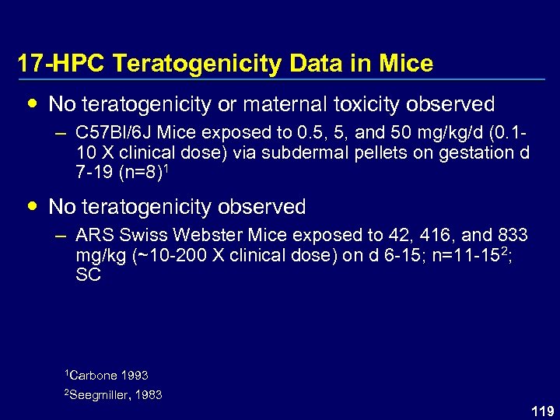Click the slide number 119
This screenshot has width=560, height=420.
[x=542, y=410]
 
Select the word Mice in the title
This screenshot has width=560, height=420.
[x=406, y=64]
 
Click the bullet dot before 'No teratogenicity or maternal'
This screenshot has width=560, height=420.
[x=30, y=103]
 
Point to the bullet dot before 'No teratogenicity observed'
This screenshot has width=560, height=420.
[x=30, y=207]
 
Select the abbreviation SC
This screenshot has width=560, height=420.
[x=89, y=275]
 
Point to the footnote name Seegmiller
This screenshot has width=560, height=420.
[x=101, y=395]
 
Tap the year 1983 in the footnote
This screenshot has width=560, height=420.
[x=149, y=395]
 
